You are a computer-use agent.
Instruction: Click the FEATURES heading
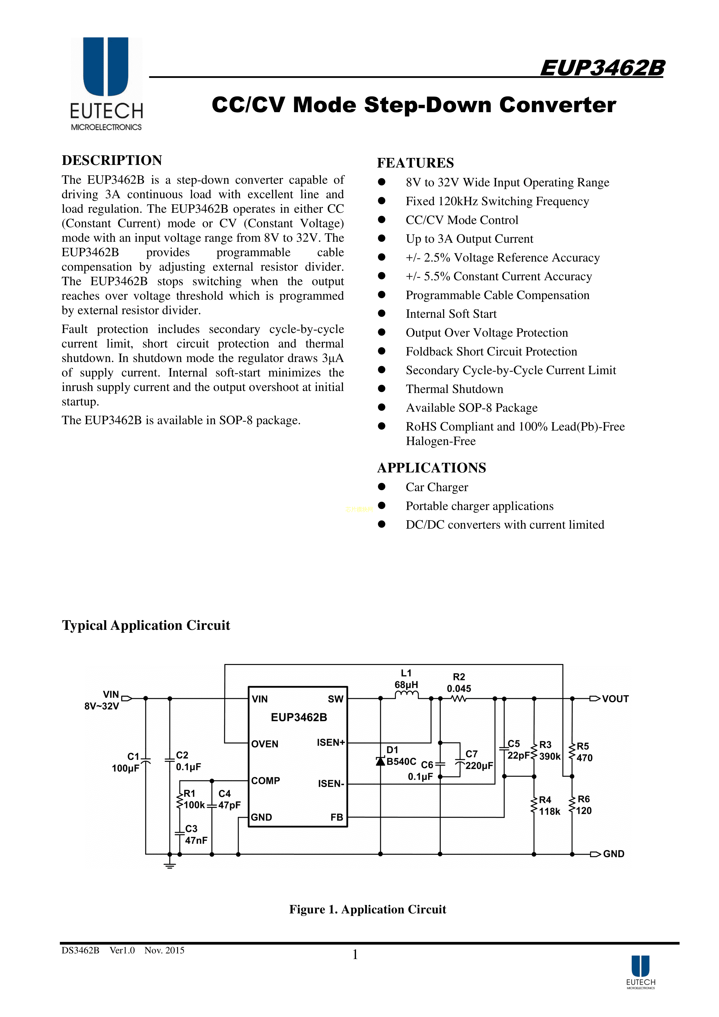pyautogui.click(x=415, y=163)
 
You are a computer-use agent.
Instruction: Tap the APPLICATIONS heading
pyautogui.click(x=431, y=468)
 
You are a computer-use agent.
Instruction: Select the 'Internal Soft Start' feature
pyautogui.click(x=451, y=314)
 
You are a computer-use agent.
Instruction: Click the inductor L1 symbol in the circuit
pyautogui.click(x=406, y=695)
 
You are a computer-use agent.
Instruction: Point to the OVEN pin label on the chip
pyautogui.click(x=265, y=744)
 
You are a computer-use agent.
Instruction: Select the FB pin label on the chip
pyautogui.click(x=337, y=817)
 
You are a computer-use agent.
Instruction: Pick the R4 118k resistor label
pyautogui.click(x=549, y=806)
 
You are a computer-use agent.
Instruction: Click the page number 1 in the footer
pyautogui.click(x=355, y=955)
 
